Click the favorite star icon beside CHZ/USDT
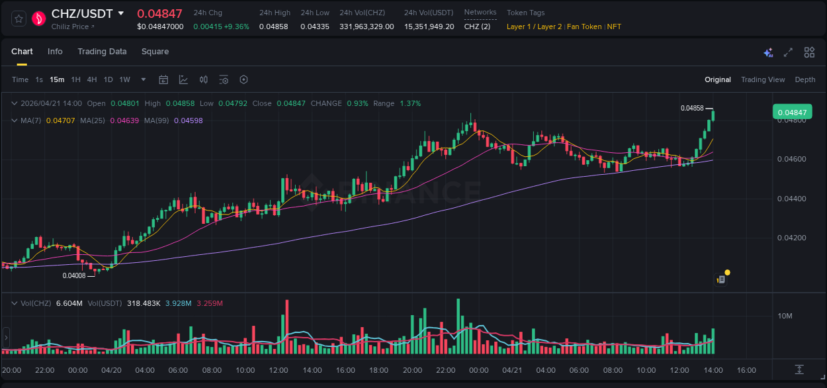click(x=19, y=19)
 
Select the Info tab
click(x=55, y=52)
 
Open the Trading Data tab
click(x=102, y=52)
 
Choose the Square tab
click(x=155, y=52)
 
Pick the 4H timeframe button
click(x=92, y=80)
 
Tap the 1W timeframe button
click(x=124, y=80)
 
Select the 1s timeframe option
click(x=39, y=80)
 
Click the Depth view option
click(x=805, y=80)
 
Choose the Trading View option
click(x=763, y=80)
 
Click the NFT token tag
click(x=614, y=27)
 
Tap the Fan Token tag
click(x=584, y=27)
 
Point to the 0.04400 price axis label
click(x=791, y=199)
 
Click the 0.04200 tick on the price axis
click(x=791, y=238)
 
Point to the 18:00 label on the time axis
click(x=378, y=370)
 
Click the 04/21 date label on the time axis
click(x=512, y=370)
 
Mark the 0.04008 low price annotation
click(x=74, y=276)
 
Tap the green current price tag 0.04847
click(x=792, y=113)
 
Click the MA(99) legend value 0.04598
click(x=193, y=121)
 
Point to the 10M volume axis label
click(x=785, y=316)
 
